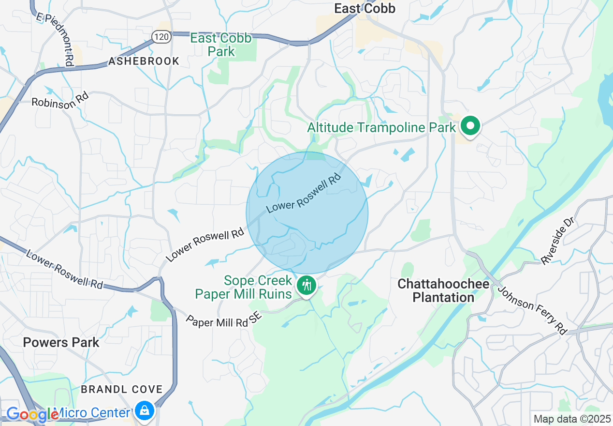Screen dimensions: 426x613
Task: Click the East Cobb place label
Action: [365, 8]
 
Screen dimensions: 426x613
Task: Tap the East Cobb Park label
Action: [221, 45]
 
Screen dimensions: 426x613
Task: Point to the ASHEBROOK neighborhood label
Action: [144, 61]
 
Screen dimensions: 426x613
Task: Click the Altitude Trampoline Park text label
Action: [382, 127]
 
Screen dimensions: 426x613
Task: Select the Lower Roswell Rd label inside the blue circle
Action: [304, 193]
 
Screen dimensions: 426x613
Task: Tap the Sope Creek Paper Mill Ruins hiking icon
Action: [306, 285]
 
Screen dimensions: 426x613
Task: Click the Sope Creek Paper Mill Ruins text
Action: [250, 287]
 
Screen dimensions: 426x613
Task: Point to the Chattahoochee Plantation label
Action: [443, 290]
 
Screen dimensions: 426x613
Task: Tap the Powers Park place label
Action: [61, 342]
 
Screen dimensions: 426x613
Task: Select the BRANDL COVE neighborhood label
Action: [122, 389]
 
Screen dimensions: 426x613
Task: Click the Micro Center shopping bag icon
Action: [144, 411]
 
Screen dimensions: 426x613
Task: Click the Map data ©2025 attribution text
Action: [571, 419]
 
